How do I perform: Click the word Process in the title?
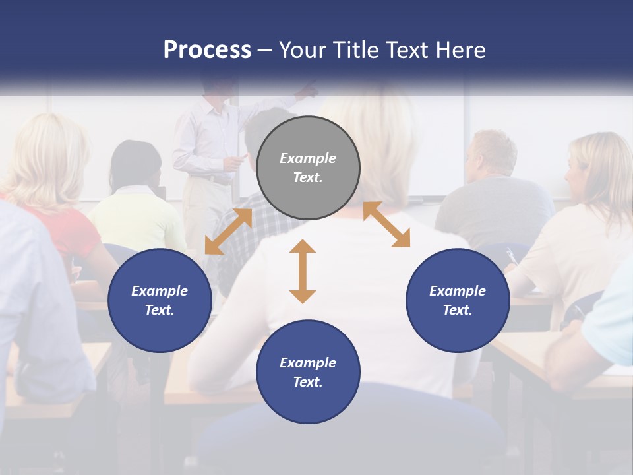(207, 50)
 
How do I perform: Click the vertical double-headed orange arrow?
(303, 271)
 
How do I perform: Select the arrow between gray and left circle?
(228, 232)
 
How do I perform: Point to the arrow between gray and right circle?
(386, 225)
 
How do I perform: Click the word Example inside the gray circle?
(308, 158)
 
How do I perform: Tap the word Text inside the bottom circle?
(307, 382)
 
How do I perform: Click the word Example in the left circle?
(160, 291)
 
